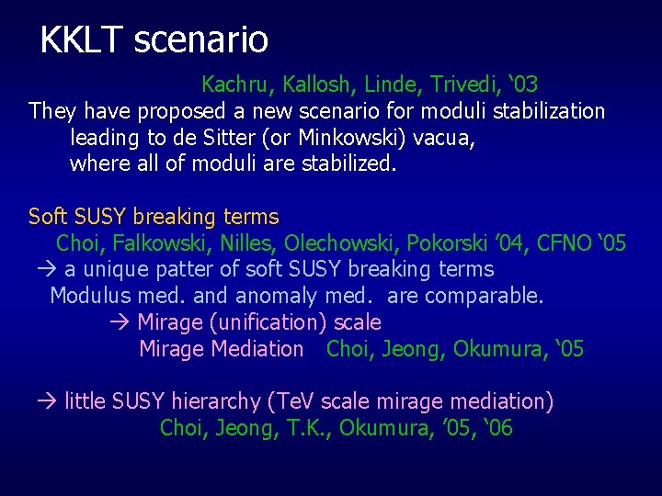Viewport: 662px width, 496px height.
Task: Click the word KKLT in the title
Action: pos(82,39)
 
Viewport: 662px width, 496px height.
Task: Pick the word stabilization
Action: pos(550,112)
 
